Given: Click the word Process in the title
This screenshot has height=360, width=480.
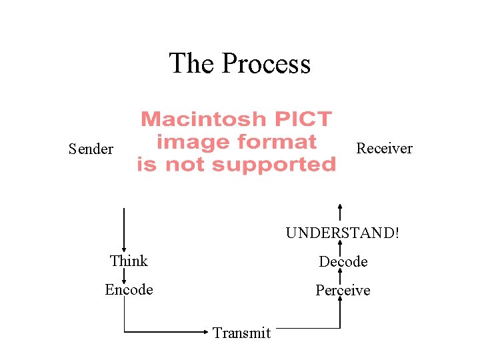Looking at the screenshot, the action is pos(266,64).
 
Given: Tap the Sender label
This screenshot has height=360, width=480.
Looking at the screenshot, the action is pos(91,149).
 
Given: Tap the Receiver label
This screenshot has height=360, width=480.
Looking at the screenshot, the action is pos(384,148).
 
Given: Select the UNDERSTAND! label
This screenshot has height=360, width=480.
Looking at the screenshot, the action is pos(343,233).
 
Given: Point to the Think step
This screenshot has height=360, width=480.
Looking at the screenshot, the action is pos(129,261).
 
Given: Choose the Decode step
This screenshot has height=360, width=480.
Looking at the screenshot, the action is pos(343,262).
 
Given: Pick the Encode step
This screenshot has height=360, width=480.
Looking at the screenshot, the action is pos(129,289).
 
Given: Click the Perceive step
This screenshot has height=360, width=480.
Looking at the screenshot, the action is pos(343,291).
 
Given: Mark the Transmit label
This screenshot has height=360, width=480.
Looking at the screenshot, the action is pos(241,333).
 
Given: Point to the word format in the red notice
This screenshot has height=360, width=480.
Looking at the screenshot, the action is pos(280,142).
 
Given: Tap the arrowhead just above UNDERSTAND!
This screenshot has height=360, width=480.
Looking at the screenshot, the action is pos(340,207).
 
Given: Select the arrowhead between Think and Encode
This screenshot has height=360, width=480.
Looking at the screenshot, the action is pos(125,278).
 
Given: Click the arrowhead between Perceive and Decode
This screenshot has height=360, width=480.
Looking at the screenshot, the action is pos(340,275).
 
